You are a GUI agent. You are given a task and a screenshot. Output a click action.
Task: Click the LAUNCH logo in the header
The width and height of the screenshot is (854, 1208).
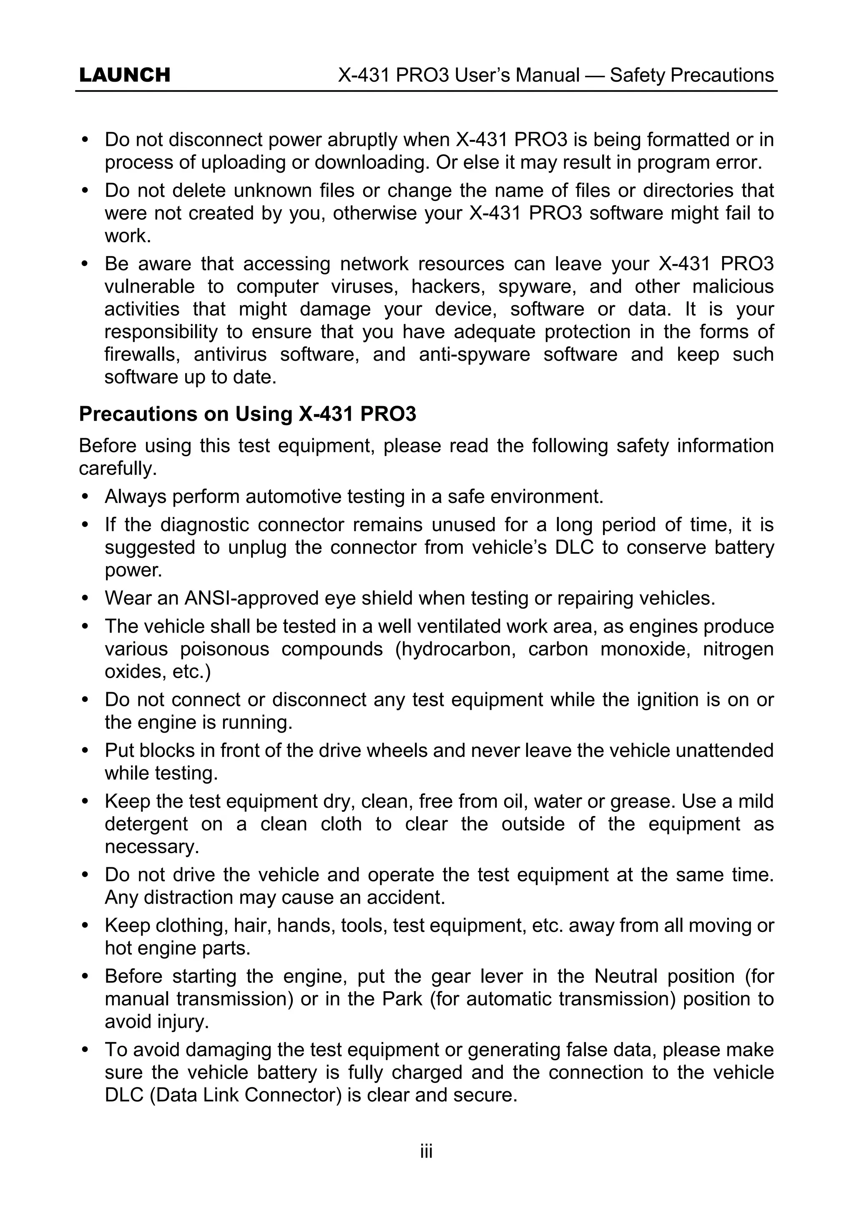pyautogui.click(x=125, y=75)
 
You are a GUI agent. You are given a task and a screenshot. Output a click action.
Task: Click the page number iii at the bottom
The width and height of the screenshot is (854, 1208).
pyautogui.click(x=426, y=1152)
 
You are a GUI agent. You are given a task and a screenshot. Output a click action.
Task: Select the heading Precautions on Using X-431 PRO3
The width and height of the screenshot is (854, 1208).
pyautogui.click(x=247, y=414)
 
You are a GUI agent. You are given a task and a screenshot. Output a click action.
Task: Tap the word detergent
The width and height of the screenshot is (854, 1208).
pyautogui.click(x=146, y=824)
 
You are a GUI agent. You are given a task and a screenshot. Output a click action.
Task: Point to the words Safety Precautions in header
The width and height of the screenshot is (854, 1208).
pyautogui.click(x=691, y=75)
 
